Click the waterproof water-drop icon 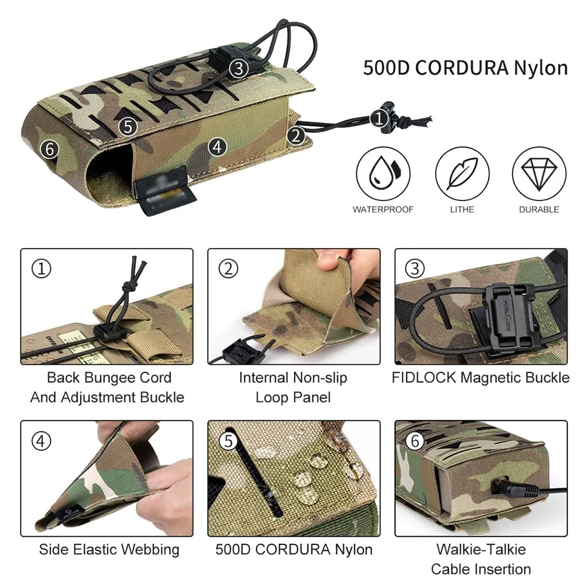[383, 173]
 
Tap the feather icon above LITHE [462, 173]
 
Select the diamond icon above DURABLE [539, 173]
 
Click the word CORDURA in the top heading [462, 68]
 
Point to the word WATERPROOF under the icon [383, 210]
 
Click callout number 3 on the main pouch [239, 68]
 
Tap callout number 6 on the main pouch [50, 149]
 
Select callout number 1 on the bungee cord [379, 119]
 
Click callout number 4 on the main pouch [218, 146]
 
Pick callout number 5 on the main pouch [128, 126]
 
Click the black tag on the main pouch [165, 191]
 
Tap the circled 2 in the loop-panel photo [228, 269]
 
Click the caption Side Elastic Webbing [109, 550]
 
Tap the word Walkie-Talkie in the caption [481, 549]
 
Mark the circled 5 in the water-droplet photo [228, 441]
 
